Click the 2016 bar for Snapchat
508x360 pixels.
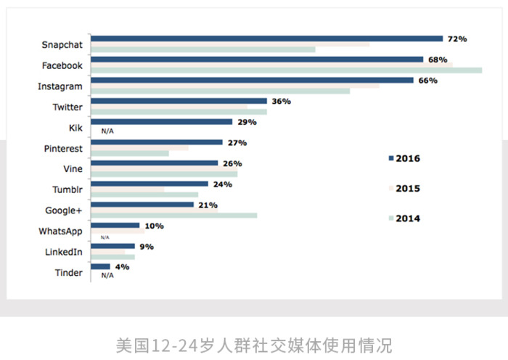[267, 38]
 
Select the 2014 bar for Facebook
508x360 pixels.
[287, 70]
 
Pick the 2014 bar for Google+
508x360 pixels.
[174, 215]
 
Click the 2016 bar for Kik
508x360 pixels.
[162, 122]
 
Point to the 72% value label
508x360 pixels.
[456, 38]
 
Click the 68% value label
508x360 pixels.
[437, 60]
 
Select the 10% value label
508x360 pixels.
[154, 226]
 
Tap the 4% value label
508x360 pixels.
[122, 267]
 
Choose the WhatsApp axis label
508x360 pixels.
[60, 232]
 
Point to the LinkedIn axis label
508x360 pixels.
[63, 252]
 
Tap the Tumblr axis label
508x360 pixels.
[67, 190]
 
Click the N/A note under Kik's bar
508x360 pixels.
[107, 131]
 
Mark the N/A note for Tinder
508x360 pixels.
[107, 276]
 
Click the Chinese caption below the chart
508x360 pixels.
[254, 343]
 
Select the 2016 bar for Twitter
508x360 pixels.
[179, 101]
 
